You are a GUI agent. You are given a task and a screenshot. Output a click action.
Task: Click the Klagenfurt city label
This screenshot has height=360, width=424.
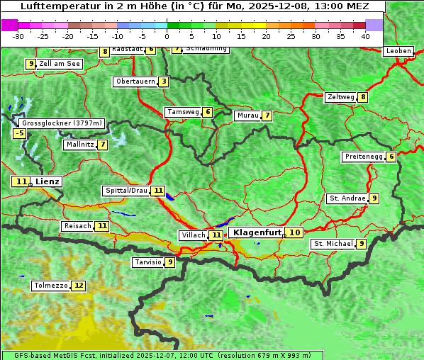coord(257,232)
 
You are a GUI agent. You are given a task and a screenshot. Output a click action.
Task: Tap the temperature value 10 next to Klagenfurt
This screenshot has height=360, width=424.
coord(295,232)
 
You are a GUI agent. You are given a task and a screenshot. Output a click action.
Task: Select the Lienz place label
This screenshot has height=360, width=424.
coord(48,181)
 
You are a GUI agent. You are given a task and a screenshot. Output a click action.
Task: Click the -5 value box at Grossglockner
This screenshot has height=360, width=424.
coord(20,133)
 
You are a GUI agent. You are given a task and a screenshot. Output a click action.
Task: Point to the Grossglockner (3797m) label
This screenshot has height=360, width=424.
coord(62,123)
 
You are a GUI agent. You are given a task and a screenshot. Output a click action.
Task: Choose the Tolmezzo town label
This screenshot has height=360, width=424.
coord(50,286)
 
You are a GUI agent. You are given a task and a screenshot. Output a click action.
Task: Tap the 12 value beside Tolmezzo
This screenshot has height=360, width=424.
coord(78,286)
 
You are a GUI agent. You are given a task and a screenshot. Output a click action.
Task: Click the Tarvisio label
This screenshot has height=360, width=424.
coord(148,262)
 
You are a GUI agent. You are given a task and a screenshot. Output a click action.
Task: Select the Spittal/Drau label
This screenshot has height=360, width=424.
coord(126,191)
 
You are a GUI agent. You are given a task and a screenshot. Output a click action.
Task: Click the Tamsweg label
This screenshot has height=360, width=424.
coord(183,112)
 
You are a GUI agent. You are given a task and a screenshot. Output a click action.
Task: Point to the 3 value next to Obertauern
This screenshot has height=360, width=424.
coord(164,81)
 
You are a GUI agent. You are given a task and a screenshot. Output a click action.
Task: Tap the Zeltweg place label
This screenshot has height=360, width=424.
coord(340,97)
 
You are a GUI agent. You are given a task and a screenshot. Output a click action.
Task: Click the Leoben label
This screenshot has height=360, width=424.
coord(398,51)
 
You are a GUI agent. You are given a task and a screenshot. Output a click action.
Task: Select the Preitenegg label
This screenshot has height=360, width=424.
coord(364,157)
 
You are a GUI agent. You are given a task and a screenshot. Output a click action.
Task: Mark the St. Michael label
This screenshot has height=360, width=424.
coord(333,244)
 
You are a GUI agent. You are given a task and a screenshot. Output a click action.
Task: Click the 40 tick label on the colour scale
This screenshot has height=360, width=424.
coord(365,36)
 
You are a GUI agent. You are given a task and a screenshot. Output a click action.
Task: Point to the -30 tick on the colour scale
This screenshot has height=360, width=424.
coord(18,36)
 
